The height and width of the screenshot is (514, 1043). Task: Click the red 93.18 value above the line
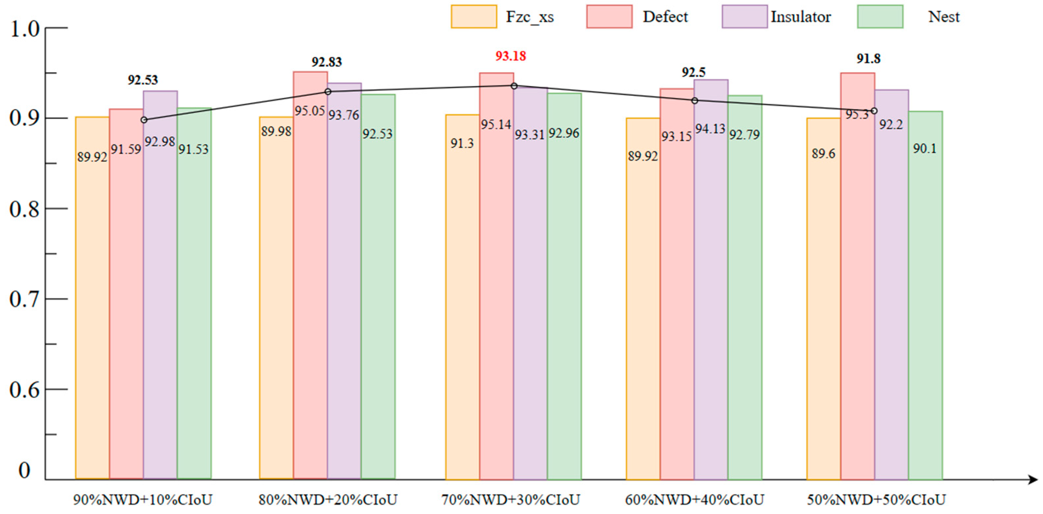pos(510,56)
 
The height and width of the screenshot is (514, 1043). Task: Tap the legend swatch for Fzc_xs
pos(474,16)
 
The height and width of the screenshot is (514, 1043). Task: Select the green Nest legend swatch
pos(880,16)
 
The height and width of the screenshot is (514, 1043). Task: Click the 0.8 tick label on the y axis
pos(24,209)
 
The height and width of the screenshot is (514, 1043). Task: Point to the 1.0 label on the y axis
pos(24,29)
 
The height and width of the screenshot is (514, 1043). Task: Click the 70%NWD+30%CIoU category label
pos(510,500)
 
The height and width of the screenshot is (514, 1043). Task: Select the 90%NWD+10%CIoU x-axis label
pos(142,500)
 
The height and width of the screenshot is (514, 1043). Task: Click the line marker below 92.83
pos(328,92)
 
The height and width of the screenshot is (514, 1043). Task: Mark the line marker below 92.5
pos(695,100)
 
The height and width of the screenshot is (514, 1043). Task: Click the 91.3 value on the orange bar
pos(462,143)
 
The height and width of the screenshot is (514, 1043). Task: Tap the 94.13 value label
pos(710,129)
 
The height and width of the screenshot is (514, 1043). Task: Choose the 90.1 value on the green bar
pos(925,149)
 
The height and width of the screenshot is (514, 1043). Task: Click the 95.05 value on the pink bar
pos(310,110)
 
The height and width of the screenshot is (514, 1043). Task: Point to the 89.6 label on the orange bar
pos(824,154)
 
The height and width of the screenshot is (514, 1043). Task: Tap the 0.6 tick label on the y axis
pos(24,390)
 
